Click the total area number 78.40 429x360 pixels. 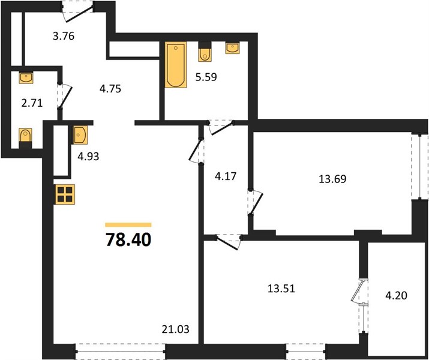pyautogui.click(x=128, y=239)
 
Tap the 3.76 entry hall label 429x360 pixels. pyautogui.click(x=64, y=36)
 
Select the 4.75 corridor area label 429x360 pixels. pyautogui.click(x=110, y=89)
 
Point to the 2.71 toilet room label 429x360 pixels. pyautogui.click(x=32, y=103)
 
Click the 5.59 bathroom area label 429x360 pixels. pyautogui.click(x=206, y=77)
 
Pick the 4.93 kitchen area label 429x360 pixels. pyautogui.click(x=88, y=157)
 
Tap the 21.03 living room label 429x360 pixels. pyautogui.click(x=175, y=329)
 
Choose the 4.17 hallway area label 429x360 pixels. pyautogui.click(x=226, y=176)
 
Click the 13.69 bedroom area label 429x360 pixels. pyautogui.click(x=332, y=179)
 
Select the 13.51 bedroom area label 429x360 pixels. pyautogui.click(x=281, y=289)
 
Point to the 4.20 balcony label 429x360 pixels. pyautogui.click(x=396, y=295)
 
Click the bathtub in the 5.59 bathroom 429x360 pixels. pyautogui.click(x=176, y=65)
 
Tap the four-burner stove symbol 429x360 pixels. pyautogui.click(x=65, y=194)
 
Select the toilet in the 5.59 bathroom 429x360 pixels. pyautogui.click(x=205, y=52)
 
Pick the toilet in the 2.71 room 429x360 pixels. pyautogui.click(x=25, y=138)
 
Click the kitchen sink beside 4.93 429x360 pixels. pyautogui.click(x=80, y=135)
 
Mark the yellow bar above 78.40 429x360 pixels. pyautogui.click(x=128, y=225)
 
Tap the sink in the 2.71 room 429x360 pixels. pyautogui.click(x=26, y=77)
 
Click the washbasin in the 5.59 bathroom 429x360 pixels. pyautogui.click(x=233, y=47)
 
